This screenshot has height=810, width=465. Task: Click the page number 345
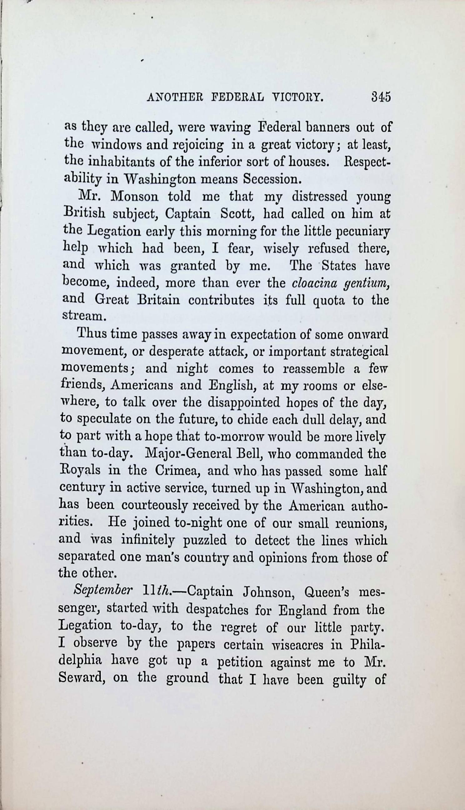click(381, 97)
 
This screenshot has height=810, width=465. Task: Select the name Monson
click(134, 196)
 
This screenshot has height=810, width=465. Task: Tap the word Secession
click(272, 179)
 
